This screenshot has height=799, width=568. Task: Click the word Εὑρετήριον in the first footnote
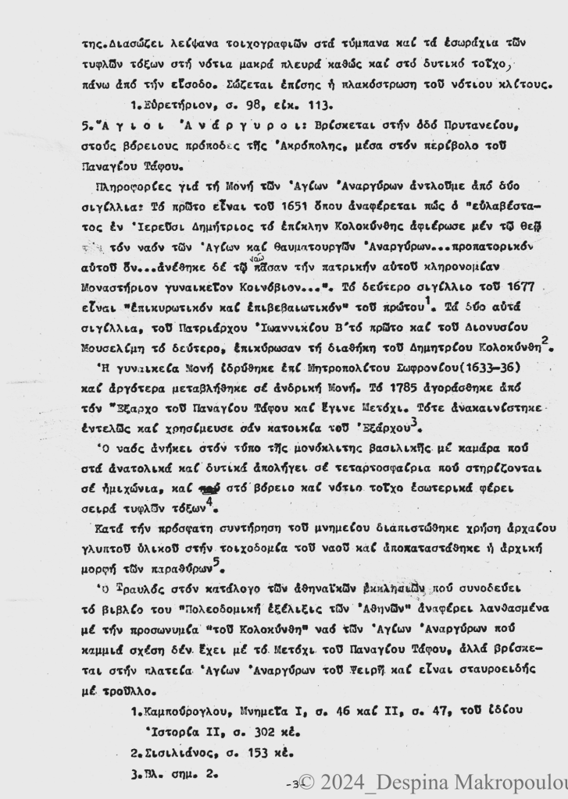(180, 104)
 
